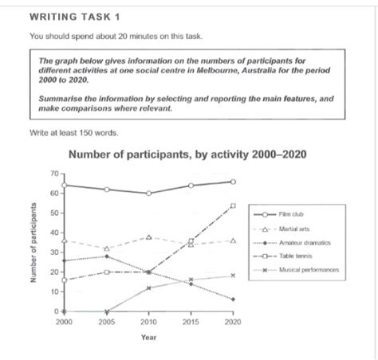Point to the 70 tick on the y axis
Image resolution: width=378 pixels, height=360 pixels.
point(53,174)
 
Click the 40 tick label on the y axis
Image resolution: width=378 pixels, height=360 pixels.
point(53,233)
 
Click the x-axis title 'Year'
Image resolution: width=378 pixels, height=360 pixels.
point(148,337)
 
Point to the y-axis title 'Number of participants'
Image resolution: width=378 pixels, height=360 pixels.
point(33,243)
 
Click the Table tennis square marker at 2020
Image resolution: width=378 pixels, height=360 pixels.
point(233,205)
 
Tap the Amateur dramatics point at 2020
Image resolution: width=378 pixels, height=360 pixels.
point(233,299)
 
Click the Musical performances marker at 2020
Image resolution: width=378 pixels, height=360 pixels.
point(233,276)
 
